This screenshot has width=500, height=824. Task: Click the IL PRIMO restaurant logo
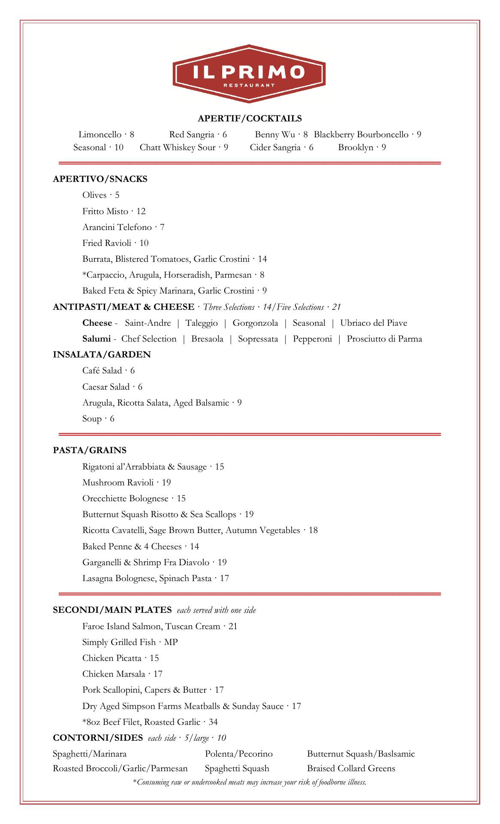pos(249,73)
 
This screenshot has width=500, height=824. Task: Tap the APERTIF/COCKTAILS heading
pos(250,118)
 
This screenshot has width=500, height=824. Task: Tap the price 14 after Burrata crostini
pos(262,259)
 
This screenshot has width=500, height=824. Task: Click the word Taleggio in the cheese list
pos(202,323)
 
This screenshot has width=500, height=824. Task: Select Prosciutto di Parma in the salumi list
pos(384,339)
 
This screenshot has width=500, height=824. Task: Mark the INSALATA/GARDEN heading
pos(102,354)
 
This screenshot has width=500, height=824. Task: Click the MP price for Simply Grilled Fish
pos(171,642)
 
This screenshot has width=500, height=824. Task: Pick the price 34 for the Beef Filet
pos(213,722)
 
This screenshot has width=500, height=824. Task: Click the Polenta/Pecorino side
pos(238,754)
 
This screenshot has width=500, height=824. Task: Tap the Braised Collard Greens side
pos(351,768)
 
